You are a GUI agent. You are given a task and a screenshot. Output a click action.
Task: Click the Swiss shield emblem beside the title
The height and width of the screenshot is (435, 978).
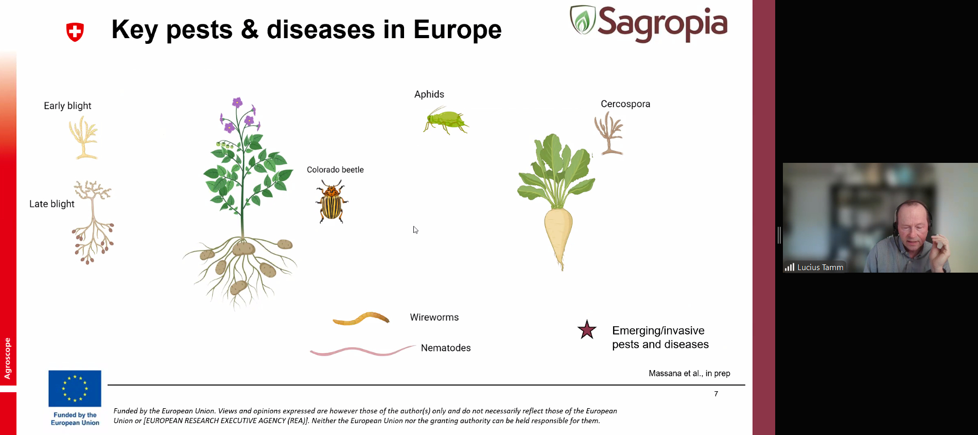pyautogui.click(x=75, y=32)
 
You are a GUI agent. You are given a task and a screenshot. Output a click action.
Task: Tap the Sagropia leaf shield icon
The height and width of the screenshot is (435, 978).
pyautogui.click(x=583, y=20)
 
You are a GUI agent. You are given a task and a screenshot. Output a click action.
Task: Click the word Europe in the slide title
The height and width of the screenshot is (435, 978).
pyautogui.click(x=458, y=29)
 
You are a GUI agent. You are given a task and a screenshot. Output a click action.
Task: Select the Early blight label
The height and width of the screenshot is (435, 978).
pyautogui.click(x=67, y=106)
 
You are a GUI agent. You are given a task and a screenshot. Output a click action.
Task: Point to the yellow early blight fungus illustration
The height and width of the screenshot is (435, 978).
pyautogui.click(x=83, y=137)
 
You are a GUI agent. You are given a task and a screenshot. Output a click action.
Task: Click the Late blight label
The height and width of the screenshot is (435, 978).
pyautogui.click(x=52, y=204)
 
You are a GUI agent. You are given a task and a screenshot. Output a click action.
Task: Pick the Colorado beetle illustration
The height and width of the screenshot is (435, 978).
pyautogui.click(x=331, y=202)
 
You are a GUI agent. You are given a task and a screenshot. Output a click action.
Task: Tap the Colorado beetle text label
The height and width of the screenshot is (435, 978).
pyautogui.click(x=335, y=170)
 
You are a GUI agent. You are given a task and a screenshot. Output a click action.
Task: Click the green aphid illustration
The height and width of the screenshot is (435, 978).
pyautogui.click(x=446, y=121)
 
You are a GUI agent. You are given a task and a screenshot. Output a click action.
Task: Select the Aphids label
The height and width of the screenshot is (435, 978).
pyautogui.click(x=429, y=94)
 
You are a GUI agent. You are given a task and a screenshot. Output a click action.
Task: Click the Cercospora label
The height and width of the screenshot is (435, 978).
pyautogui.click(x=625, y=104)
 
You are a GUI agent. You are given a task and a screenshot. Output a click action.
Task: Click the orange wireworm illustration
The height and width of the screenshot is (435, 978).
pyautogui.click(x=361, y=319)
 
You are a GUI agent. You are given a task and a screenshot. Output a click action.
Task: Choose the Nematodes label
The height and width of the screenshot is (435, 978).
pyautogui.click(x=446, y=348)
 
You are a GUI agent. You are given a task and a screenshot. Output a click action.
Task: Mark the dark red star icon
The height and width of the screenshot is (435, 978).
pyautogui.click(x=587, y=330)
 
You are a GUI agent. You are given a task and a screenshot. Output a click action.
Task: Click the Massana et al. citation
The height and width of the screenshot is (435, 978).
pyautogui.click(x=689, y=373)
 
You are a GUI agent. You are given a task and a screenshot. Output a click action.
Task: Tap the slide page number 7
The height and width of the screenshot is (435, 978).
pyautogui.click(x=716, y=394)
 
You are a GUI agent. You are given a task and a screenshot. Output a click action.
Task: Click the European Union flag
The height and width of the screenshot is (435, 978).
pyautogui.click(x=75, y=389)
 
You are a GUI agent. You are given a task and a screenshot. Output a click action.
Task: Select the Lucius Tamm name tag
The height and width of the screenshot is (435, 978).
pyautogui.click(x=814, y=267)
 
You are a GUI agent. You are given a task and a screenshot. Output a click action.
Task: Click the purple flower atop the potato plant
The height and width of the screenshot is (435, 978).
pyautogui.click(x=237, y=102)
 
